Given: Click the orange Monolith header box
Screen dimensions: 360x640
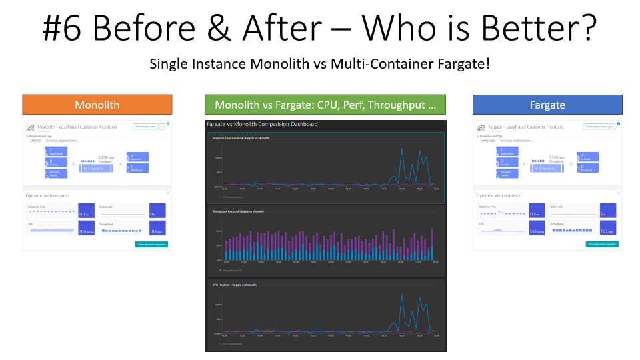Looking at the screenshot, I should [97, 105].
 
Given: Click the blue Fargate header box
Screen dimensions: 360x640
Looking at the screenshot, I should [547, 105].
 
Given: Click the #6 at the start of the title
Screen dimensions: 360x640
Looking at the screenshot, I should [63, 29].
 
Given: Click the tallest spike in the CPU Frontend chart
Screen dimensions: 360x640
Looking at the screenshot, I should [401, 295].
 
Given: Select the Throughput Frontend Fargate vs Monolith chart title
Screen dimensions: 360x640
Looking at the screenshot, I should [238, 211].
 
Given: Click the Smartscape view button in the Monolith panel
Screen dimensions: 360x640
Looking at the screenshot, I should [145, 126].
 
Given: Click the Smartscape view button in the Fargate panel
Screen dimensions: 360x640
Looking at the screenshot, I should [595, 126].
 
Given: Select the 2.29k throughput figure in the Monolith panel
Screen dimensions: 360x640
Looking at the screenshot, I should [104, 158].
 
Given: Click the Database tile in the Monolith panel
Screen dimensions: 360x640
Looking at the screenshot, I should [137, 169].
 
